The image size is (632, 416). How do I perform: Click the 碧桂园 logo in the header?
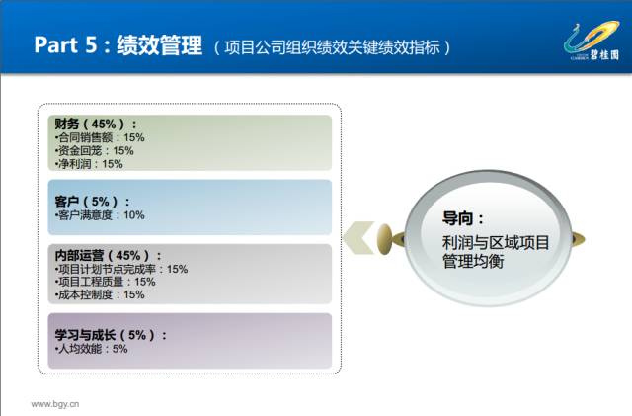[x=592, y=41]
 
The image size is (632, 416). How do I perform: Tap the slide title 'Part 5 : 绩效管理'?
[x=118, y=44]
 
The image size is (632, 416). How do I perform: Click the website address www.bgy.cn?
[x=55, y=404]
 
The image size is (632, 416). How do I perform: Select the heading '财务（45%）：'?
[x=96, y=124]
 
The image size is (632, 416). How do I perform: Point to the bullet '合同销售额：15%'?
[x=100, y=137]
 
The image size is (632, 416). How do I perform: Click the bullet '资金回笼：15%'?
[x=95, y=151]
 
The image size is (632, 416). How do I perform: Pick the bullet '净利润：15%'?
[x=89, y=164]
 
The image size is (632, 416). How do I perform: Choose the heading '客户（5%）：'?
[x=92, y=201]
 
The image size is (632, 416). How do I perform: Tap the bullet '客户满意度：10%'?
[x=100, y=215]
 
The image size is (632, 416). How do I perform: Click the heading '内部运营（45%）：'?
[x=109, y=255]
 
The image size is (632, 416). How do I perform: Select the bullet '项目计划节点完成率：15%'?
[x=121, y=269]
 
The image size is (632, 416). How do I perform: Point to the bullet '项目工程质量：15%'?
[x=106, y=282]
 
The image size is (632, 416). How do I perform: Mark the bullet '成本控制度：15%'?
[x=100, y=294]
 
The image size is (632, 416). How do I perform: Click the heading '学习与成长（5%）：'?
[x=111, y=335]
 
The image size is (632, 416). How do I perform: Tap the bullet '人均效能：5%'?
[x=91, y=349]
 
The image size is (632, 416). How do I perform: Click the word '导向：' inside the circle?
[x=463, y=218]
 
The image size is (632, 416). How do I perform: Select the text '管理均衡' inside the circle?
[x=473, y=262]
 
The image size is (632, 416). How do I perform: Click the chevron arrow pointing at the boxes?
[x=358, y=238]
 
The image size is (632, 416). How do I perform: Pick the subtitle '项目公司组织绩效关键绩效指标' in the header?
[x=332, y=47]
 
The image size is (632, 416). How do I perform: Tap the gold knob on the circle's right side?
[x=579, y=239]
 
